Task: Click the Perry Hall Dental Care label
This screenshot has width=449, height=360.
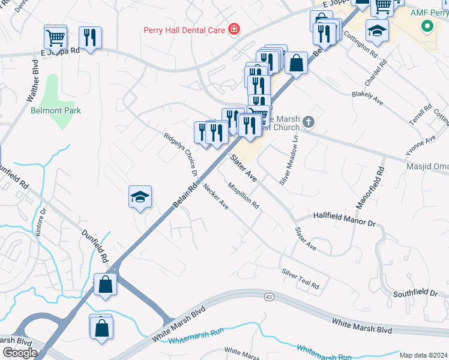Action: [x=183, y=30]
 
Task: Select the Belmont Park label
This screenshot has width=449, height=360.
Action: [x=56, y=110]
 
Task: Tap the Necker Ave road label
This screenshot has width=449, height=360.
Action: [x=216, y=196]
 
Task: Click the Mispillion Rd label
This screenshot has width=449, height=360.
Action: [x=244, y=196]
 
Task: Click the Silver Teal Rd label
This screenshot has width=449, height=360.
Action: [x=301, y=278]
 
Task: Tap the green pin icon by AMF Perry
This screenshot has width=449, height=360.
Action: [x=427, y=27]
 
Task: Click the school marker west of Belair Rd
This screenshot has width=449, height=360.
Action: [x=140, y=197]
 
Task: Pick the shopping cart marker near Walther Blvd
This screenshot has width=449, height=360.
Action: [x=55, y=38]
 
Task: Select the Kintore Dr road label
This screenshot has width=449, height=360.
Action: [x=40, y=223]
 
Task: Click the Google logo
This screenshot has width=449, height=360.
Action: [x=20, y=353]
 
